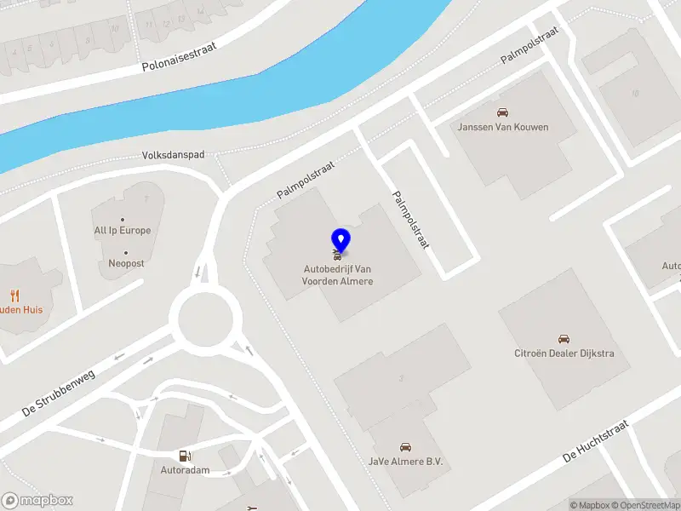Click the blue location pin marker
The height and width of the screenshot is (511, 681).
tap(340, 239)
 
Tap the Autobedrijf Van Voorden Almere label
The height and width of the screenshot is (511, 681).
tap(338, 275)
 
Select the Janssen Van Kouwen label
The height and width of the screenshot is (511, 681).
tap(503, 128)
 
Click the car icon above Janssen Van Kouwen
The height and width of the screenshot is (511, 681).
tap(503, 112)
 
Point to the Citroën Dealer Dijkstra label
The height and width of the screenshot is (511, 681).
tap(564, 353)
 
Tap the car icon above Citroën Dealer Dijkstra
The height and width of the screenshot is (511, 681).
tap(563, 339)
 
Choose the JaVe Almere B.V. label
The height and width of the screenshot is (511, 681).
tap(406, 461)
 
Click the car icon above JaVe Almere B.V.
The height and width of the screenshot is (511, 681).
tap(406, 446)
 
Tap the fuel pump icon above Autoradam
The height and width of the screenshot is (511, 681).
tap(184, 456)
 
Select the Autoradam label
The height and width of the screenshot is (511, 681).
tap(185, 470)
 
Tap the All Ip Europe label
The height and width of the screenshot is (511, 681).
tap(123, 231)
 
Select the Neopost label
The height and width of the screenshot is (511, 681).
tap(126, 264)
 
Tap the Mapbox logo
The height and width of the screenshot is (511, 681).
tap(37, 501)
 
